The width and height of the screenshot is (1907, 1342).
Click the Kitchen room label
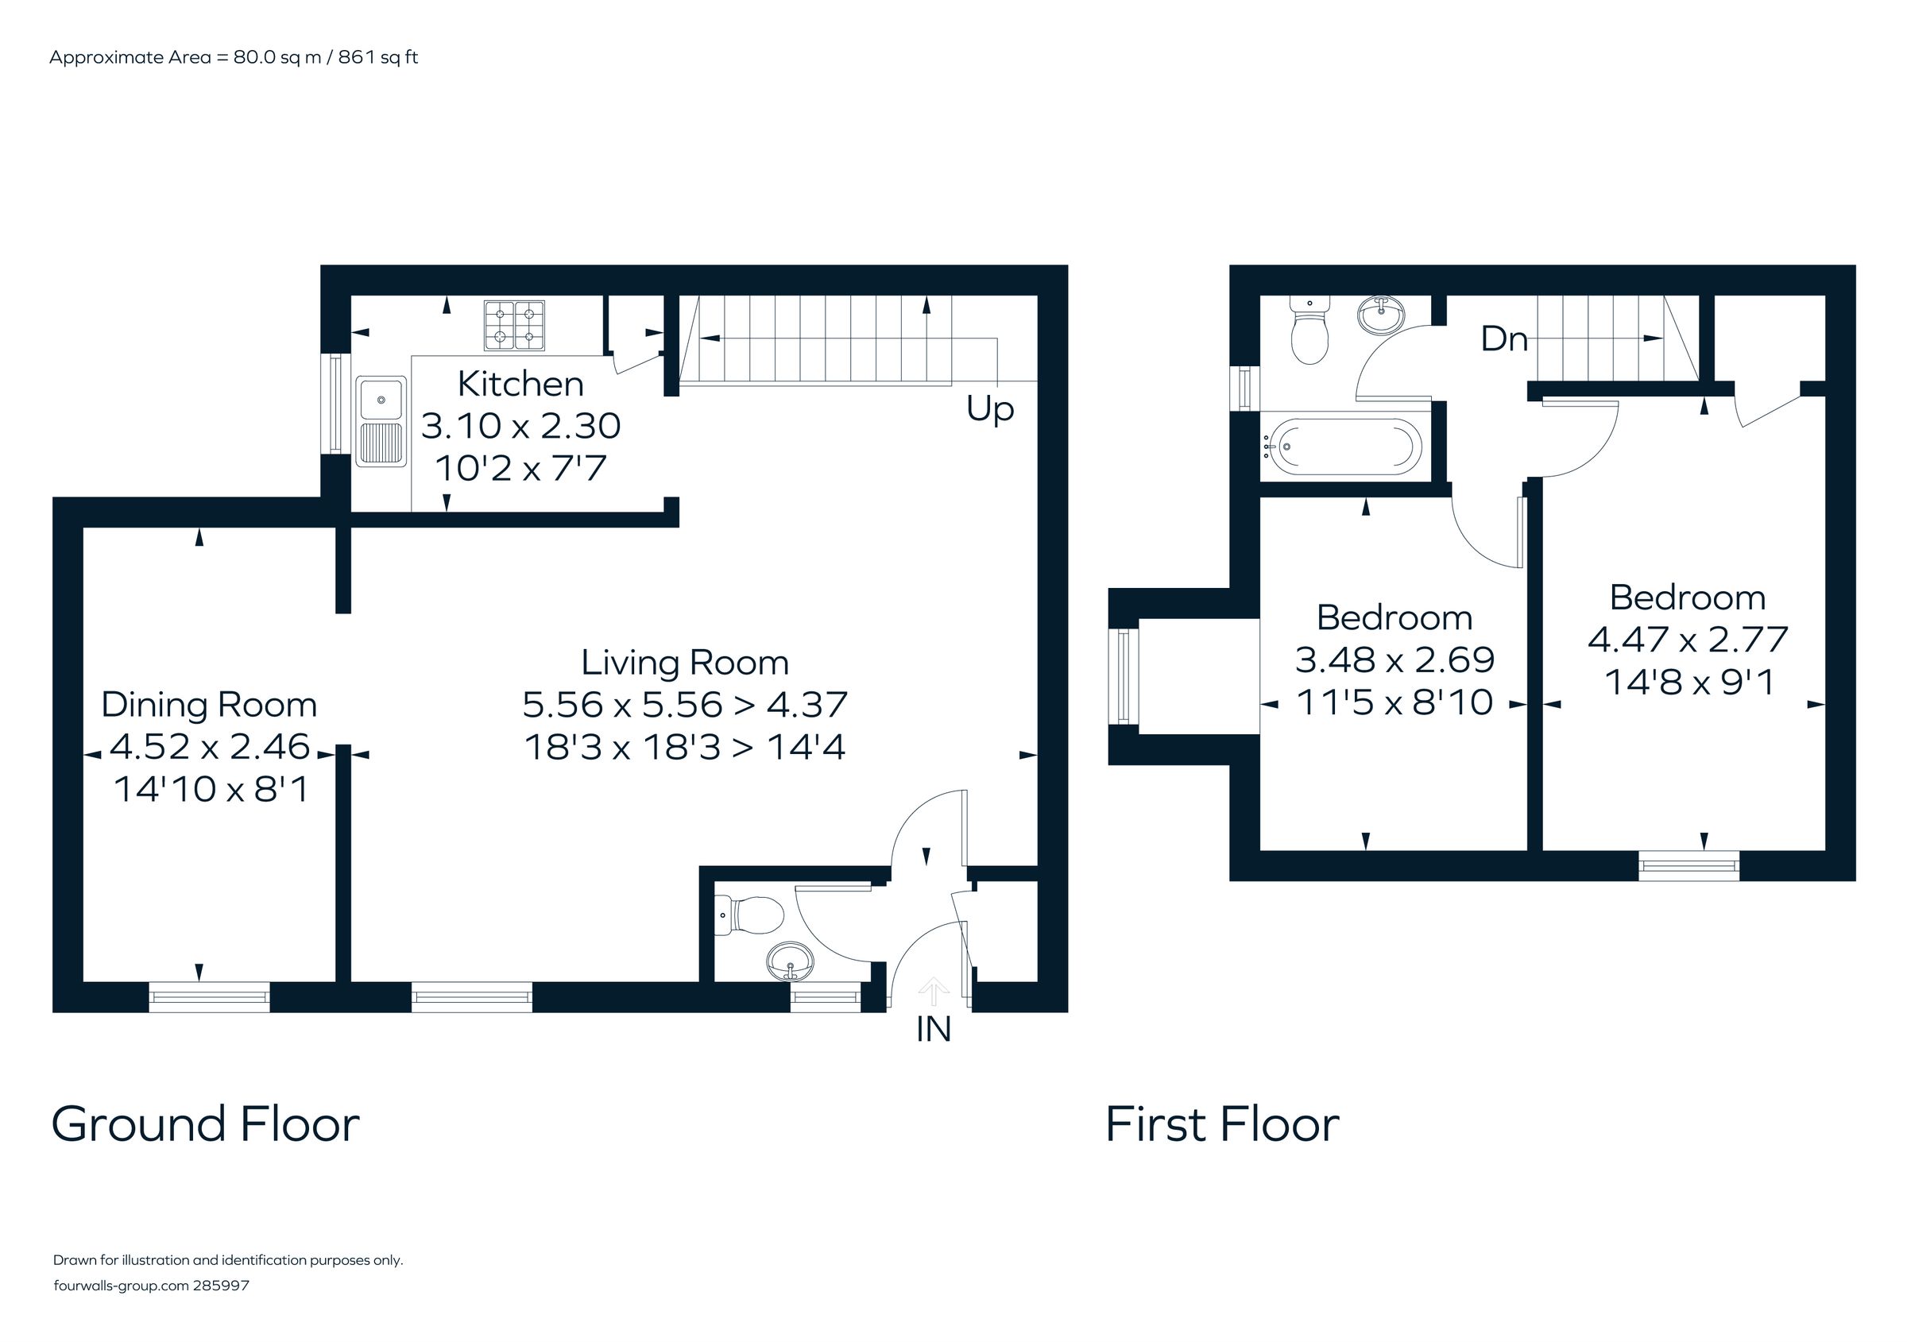point(520,385)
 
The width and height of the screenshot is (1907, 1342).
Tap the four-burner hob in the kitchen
point(514,326)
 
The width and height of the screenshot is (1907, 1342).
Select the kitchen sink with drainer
point(381,421)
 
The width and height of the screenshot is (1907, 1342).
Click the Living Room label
point(684,663)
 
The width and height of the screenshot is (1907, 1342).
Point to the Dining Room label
point(209,705)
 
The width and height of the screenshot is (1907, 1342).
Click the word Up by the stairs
point(990,408)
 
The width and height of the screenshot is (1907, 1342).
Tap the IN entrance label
point(933,1030)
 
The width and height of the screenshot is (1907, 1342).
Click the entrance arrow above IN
point(934,991)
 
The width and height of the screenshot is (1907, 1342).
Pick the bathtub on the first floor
point(1340,446)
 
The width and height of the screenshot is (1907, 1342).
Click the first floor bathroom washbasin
point(1381,315)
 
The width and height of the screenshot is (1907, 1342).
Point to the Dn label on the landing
point(1504,338)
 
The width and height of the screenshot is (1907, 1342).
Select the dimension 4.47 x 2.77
point(1688,640)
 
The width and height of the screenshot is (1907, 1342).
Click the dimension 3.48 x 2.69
point(1394,660)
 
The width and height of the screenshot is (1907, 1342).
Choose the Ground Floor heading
point(205,1124)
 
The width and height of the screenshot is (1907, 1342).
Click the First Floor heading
point(1222,1124)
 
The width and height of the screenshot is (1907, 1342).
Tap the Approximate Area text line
point(234,57)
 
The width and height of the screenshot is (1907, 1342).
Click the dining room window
point(209,996)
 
